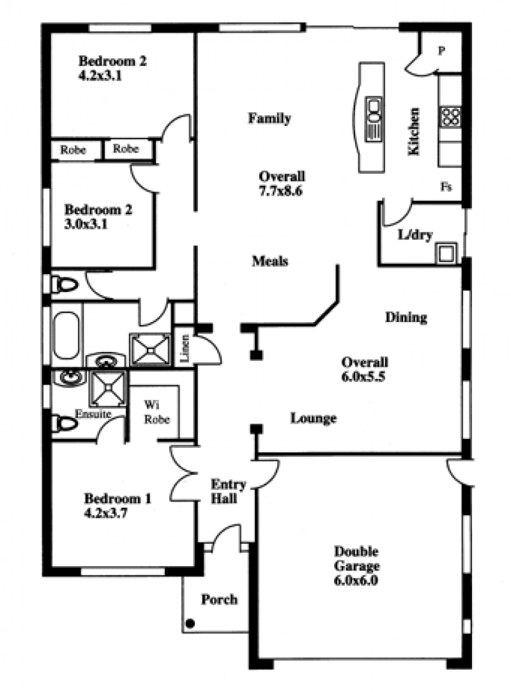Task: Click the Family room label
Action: (270, 118)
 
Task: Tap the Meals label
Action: (270, 261)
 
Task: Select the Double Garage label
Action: (356, 558)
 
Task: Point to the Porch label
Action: (219, 599)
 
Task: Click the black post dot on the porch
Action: (190, 624)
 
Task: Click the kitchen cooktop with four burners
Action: (450, 118)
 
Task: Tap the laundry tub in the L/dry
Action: (446, 253)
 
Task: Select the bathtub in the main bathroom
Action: (67, 335)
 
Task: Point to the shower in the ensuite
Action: (108, 388)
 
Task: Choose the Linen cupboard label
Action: (185, 348)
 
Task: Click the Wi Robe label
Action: (156, 412)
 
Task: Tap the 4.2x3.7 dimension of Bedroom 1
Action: (105, 513)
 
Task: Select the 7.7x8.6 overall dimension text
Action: (280, 191)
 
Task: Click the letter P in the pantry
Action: (441, 50)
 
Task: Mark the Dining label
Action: (406, 318)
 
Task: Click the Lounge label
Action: (314, 418)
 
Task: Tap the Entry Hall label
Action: (228, 491)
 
